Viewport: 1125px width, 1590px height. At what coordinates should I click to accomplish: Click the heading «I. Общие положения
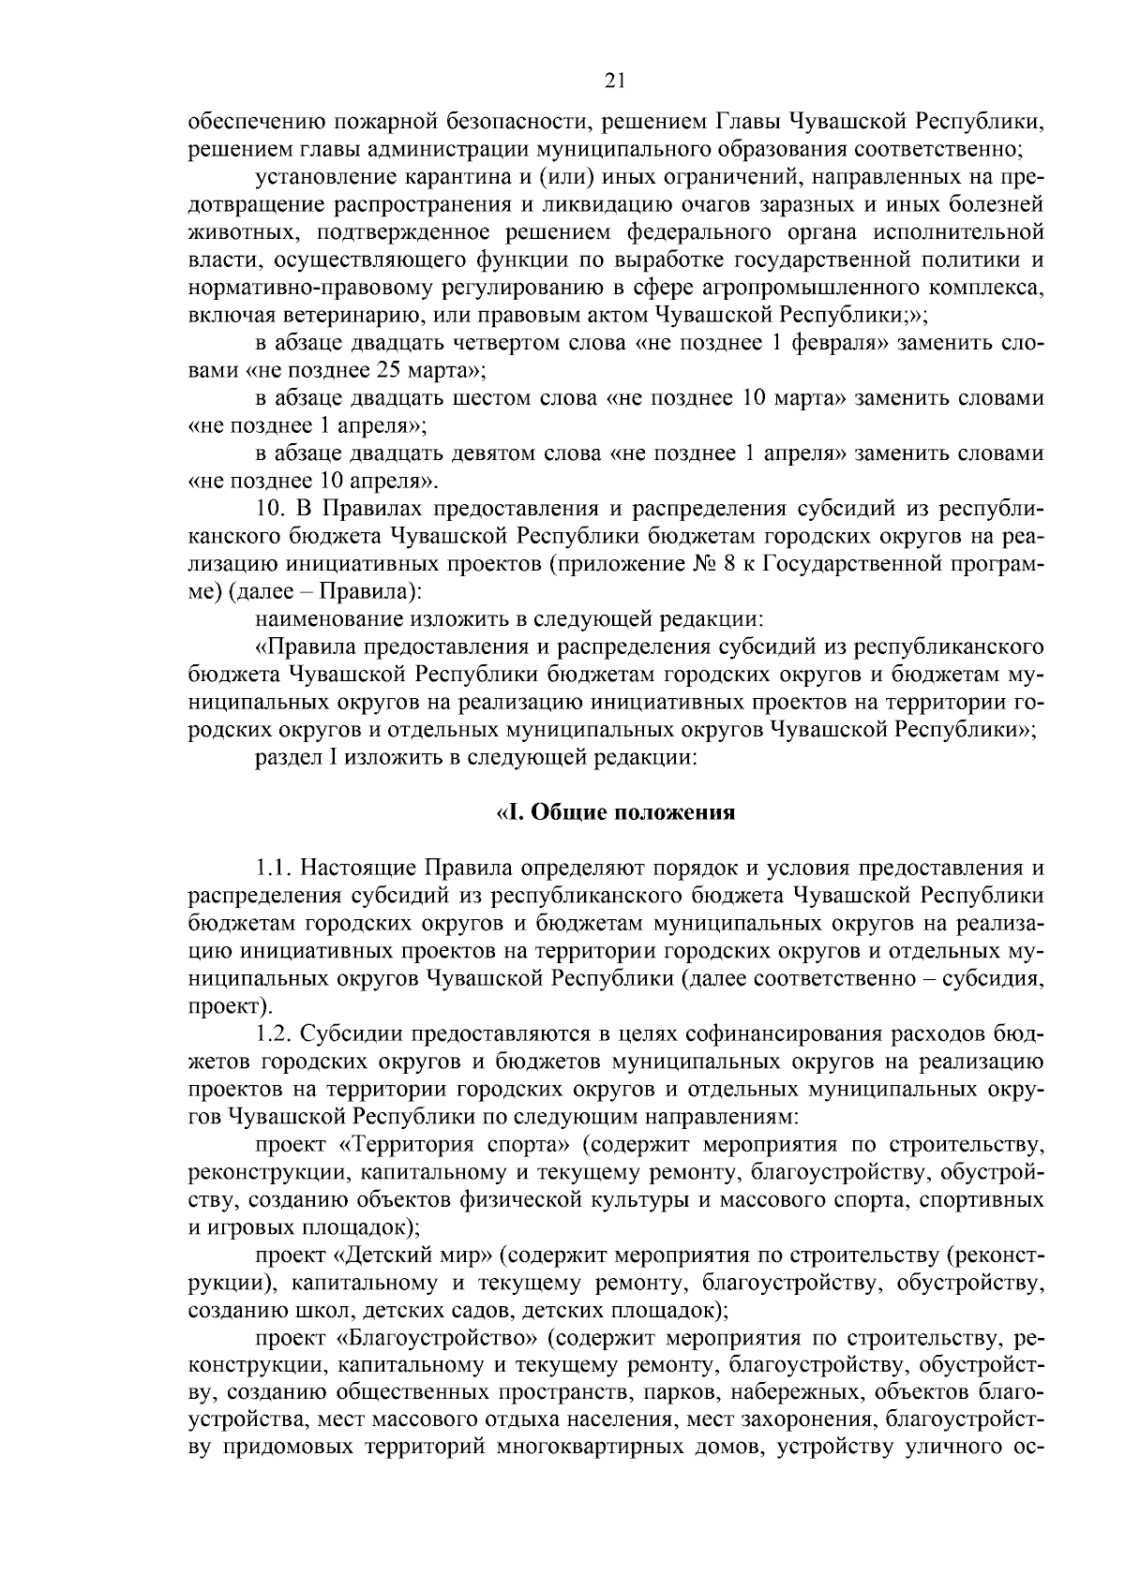pos(615,812)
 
